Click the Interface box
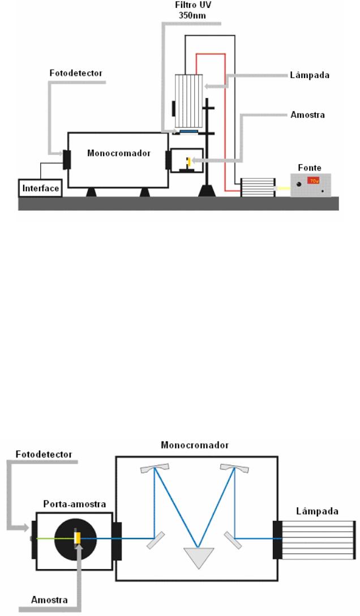(40, 188)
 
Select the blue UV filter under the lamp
(188, 131)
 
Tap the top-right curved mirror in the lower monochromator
(236, 468)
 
